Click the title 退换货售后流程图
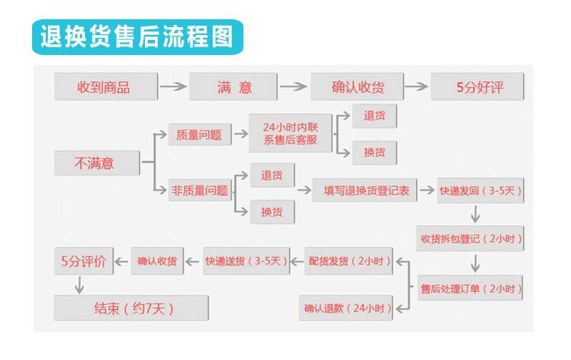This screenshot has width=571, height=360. pyautogui.click(x=136, y=36)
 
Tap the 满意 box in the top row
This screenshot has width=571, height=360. pyautogui.click(x=233, y=87)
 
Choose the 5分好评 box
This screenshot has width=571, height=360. pyautogui.click(x=477, y=87)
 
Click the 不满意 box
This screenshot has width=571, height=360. pyautogui.click(x=95, y=163)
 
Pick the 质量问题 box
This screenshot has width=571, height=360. pyautogui.click(x=199, y=134)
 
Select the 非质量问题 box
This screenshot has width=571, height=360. pyautogui.click(x=199, y=190)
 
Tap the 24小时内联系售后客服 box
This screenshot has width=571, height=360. pyautogui.click(x=290, y=133)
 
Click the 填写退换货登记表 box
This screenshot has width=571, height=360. pyautogui.click(x=365, y=190)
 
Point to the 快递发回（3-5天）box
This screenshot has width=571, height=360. pyautogui.click(x=480, y=190)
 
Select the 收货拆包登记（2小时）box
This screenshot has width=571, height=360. pyautogui.click(x=470, y=239)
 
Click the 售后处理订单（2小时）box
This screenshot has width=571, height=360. pyautogui.click(x=470, y=289)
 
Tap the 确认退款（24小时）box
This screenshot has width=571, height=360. pyautogui.click(x=347, y=308)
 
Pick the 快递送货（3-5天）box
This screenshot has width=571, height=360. pyautogui.click(x=246, y=261)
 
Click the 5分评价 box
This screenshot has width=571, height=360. pyautogui.click(x=84, y=261)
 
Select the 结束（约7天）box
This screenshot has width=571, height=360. pyautogui.click(x=131, y=308)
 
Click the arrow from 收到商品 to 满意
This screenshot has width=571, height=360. pyautogui.click(x=173, y=87)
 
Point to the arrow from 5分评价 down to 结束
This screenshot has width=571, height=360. pyautogui.click(x=80, y=284)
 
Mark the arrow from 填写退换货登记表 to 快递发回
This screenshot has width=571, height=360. pyautogui.click(x=427, y=190)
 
